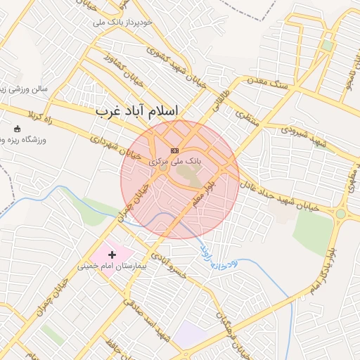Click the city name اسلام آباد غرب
point(136,111)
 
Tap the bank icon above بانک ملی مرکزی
point(174,150)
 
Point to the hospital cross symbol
point(112,253)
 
